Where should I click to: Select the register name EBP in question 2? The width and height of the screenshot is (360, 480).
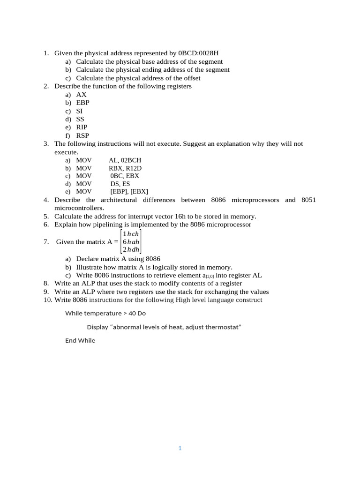pos(83,103)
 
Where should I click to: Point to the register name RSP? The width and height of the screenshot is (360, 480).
pos(82,135)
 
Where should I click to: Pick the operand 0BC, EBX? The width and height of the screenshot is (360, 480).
pos(125,176)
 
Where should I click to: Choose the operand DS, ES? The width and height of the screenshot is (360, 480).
pos(120,184)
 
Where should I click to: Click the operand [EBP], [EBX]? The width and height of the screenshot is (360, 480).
pos(129,192)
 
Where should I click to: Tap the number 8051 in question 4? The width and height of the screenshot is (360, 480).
pos(308,200)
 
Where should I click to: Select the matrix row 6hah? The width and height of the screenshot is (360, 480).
pos(131,242)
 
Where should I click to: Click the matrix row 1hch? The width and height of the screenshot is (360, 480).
pos(131,234)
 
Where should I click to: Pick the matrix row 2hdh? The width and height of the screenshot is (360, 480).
pos(131,250)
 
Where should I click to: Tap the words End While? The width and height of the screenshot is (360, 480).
pos(80,341)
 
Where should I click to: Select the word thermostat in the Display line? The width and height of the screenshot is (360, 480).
pos(222,327)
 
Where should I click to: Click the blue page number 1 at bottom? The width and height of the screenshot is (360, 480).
pos(180,449)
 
